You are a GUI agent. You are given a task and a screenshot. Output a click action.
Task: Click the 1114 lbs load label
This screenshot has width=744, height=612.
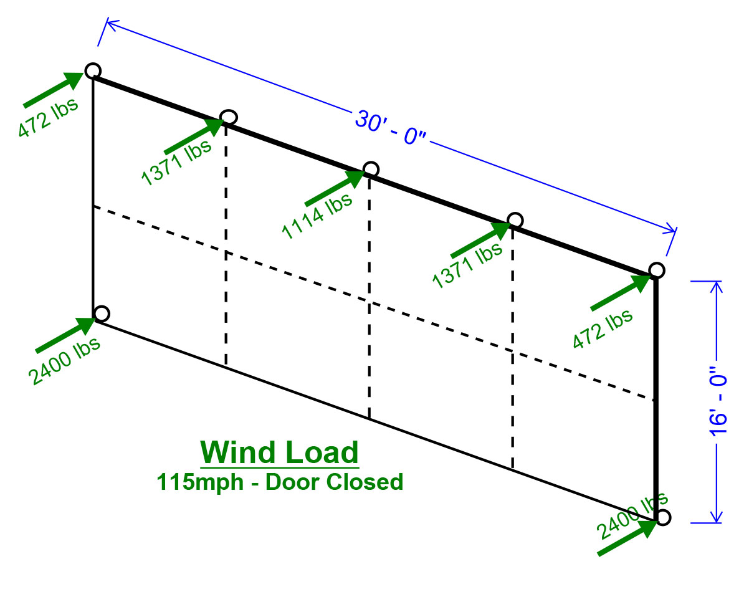(317, 216)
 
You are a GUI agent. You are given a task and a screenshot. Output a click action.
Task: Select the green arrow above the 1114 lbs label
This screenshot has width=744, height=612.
(335, 188)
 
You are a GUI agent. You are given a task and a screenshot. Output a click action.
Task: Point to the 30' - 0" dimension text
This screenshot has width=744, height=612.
(391, 128)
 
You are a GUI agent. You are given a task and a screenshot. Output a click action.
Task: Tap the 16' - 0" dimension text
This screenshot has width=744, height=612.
(718, 400)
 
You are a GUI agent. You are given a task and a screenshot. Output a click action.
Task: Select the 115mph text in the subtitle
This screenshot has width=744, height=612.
(200, 482)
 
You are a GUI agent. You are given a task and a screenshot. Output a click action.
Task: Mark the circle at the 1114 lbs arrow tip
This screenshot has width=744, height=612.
(371, 170)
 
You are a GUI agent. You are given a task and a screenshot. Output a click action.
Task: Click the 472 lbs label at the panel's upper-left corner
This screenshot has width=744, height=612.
(48, 118)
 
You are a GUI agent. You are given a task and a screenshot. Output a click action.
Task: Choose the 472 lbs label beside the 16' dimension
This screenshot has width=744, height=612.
(602, 329)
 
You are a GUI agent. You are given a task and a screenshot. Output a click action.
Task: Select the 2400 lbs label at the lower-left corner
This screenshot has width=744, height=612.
(64, 361)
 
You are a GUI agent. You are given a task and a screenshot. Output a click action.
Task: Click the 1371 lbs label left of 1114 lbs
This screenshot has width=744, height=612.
(176, 162)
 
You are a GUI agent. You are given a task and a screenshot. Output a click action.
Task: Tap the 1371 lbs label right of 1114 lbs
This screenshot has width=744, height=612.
(467, 265)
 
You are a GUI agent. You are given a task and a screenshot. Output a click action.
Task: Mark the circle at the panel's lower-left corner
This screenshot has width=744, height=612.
(102, 313)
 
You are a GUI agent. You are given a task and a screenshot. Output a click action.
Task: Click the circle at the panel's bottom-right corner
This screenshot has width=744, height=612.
(663, 517)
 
